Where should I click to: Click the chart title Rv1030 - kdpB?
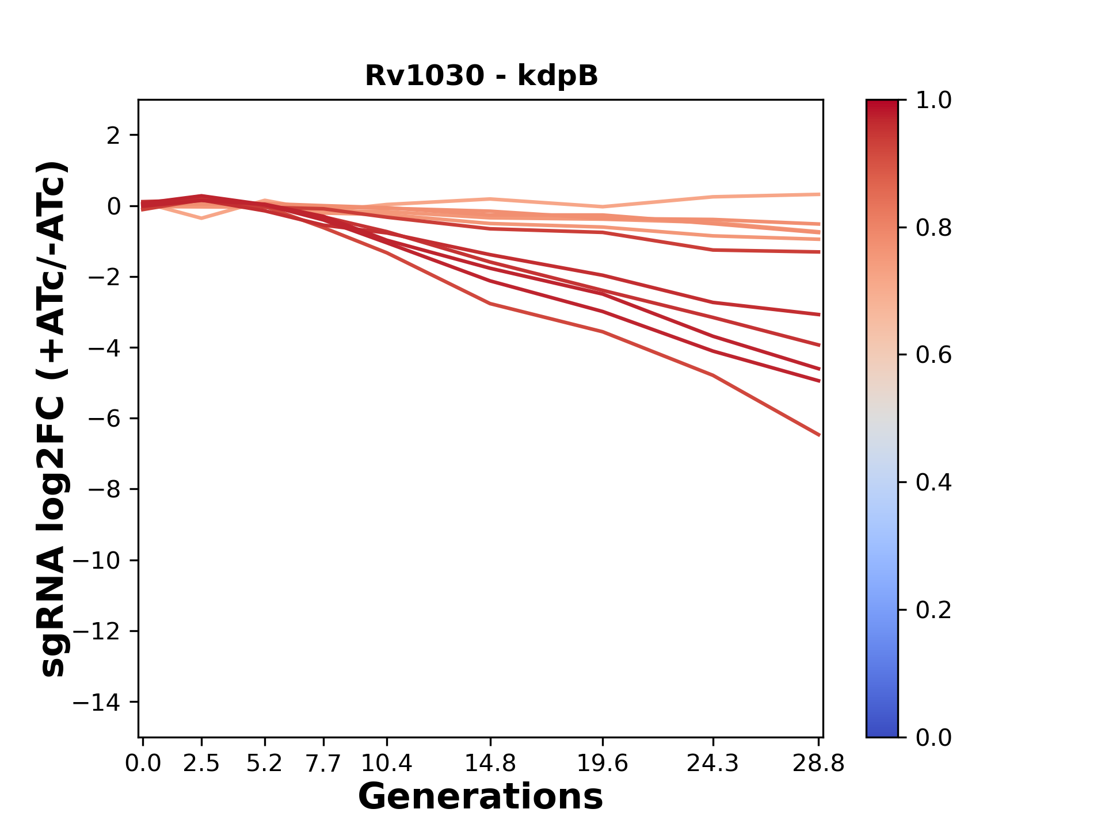click(x=481, y=76)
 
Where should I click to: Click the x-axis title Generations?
click(x=481, y=797)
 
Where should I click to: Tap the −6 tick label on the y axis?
click(x=104, y=419)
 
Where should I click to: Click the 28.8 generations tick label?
click(x=818, y=764)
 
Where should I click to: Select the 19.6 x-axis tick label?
click(x=602, y=764)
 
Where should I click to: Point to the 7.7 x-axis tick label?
click(x=323, y=764)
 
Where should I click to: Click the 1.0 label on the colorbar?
click(x=933, y=101)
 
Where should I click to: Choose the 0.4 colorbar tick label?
click(x=933, y=482)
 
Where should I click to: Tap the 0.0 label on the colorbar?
click(x=933, y=737)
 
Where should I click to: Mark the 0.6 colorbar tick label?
click(x=933, y=355)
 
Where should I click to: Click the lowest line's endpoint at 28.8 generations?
click(x=818, y=435)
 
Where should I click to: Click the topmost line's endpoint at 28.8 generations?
click(x=818, y=194)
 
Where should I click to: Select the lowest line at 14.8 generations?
click(x=490, y=303)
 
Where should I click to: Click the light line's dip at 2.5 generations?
click(x=201, y=218)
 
